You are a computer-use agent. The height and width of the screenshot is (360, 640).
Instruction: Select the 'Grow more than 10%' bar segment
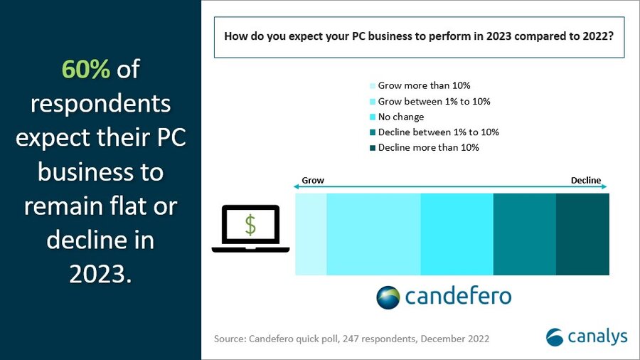311,233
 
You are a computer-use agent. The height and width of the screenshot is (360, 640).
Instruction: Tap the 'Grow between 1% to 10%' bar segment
373,233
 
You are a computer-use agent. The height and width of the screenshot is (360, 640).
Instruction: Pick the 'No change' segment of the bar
457,233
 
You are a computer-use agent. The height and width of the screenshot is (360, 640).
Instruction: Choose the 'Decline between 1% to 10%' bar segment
524,233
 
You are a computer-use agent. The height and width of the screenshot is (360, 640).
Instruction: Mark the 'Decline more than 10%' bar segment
582,233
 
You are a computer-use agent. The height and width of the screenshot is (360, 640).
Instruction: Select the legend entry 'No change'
400,117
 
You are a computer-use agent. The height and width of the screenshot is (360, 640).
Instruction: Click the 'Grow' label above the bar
313,181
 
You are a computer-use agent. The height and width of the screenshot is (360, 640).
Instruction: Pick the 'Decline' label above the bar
586,181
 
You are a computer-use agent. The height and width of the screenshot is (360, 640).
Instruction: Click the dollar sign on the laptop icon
250,224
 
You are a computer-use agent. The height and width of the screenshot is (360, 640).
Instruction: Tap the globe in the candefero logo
388,296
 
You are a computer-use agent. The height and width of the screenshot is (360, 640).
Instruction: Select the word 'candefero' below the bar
458,296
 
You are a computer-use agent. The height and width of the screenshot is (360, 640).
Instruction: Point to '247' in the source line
339,339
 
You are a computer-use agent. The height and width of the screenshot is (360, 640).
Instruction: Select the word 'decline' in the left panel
80,239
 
